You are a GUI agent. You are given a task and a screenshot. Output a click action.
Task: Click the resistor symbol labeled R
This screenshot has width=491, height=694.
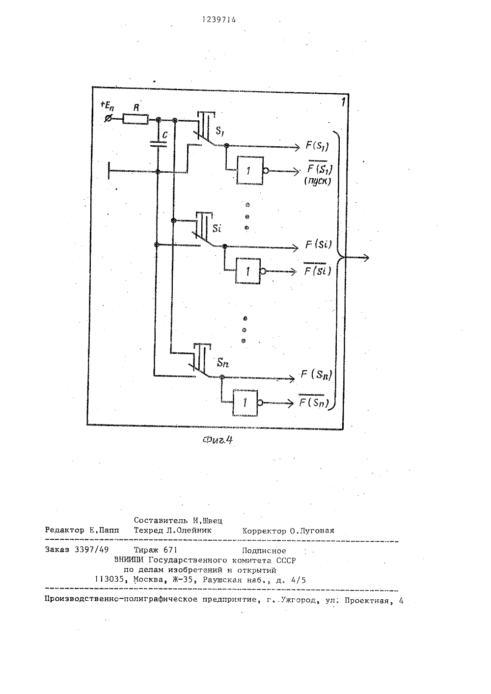coord(136,119)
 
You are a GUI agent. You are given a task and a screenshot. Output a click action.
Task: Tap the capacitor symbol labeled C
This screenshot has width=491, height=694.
coord(158,144)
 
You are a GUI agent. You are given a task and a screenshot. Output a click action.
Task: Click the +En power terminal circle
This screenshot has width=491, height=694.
coord(109,118)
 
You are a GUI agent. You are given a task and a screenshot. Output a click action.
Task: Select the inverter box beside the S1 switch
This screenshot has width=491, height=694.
coord(250,170)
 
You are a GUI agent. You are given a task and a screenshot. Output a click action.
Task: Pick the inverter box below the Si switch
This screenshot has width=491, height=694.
coord(248,271)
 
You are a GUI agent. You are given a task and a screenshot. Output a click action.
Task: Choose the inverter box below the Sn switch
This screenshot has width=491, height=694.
coord(245,402)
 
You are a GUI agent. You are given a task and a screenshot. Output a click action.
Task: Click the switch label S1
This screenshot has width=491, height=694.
coord(219,131)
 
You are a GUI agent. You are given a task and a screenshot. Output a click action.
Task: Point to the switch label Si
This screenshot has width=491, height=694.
coord(217,229)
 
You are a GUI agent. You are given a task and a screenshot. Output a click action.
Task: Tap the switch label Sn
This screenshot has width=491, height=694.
coord(222,363)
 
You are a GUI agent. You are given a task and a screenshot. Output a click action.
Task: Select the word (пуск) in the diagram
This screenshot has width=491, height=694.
coord(317,181)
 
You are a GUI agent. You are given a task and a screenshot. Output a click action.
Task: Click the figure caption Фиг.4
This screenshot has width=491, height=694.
coord(218,440)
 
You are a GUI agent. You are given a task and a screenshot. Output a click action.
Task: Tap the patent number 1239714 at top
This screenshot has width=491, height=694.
coord(219,20)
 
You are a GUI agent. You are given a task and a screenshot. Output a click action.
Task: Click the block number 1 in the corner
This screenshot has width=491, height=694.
coord(343,102)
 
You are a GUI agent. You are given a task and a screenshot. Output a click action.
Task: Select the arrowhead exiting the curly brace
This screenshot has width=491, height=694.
coord(366,258)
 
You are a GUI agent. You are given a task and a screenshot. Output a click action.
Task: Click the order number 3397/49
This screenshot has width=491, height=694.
coord(92,550)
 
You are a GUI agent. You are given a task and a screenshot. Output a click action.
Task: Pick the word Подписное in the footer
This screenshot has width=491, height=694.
coord(264,551)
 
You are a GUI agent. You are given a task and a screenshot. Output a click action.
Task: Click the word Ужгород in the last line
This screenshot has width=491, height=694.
coord(299,600)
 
